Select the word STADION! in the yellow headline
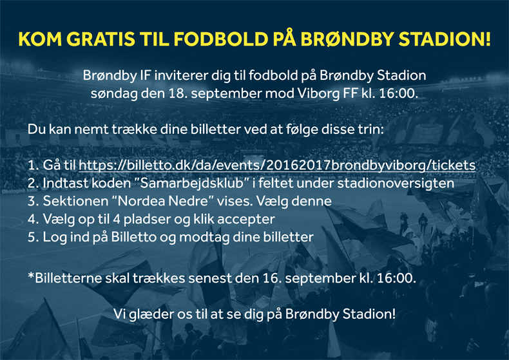[x=445, y=39]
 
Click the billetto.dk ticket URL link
[x=277, y=165]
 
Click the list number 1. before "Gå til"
[x=33, y=165]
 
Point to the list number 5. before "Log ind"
[x=33, y=237]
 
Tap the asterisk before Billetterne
[x=31, y=276]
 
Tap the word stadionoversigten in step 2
[x=396, y=184]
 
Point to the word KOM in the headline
[x=40, y=39]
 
